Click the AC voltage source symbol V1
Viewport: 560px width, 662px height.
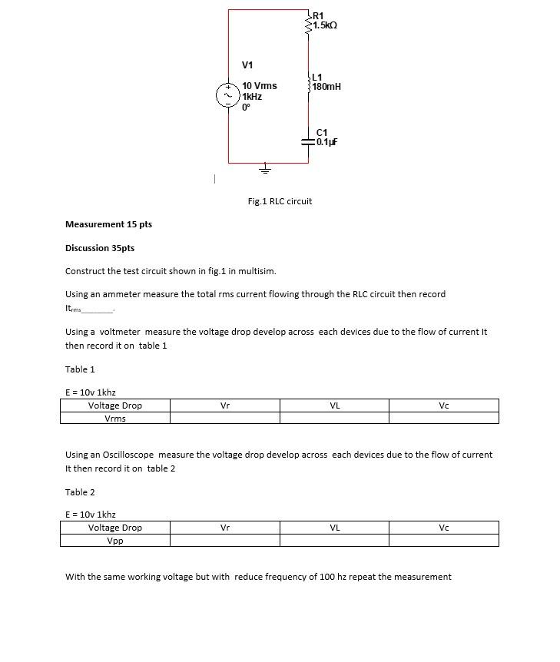click(227, 96)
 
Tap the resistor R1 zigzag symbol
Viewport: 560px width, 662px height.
click(309, 21)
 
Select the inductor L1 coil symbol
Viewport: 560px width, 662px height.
click(309, 82)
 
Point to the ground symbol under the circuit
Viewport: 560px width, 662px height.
click(266, 167)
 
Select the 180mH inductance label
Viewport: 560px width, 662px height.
click(326, 87)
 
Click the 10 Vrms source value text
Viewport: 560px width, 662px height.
click(259, 85)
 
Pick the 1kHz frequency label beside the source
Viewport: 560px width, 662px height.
click(252, 97)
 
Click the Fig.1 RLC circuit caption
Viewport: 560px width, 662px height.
click(280, 201)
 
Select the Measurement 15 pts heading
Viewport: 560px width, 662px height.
click(108, 224)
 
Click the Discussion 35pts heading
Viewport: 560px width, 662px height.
click(100, 248)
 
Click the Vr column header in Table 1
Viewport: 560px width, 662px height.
click(224, 405)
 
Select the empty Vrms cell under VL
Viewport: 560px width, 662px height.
click(334, 418)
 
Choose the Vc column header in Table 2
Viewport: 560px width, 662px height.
click(443, 528)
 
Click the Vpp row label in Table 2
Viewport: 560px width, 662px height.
click(115, 540)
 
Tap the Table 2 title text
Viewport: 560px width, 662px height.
click(80, 492)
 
